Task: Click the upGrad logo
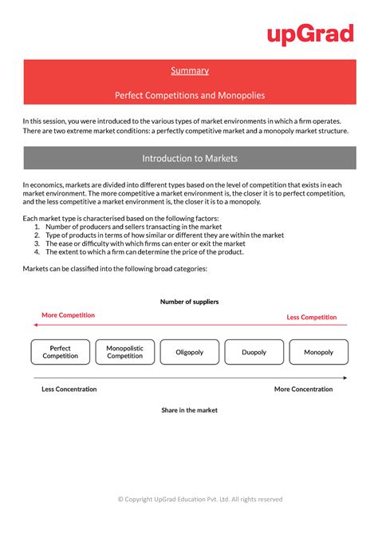tap(310, 34)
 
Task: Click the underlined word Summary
tap(189, 70)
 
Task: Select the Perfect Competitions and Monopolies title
tap(189, 96)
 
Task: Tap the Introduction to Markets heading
tap(189, 158)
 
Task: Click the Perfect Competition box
tap(61, 352)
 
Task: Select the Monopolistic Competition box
tap(124, 352)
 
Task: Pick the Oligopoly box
tap(189, 352)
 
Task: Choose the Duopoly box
tap(254, 352)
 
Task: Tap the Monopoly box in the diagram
tap(318, 352)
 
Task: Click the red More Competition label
tap(68, 315)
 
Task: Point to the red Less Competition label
tap(312, 317)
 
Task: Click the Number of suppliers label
tap(189, 302)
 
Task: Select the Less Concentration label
tap(69, 390)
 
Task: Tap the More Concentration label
tap(303, 390)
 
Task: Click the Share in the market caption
tap(189, 410)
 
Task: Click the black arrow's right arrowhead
tap(345, 378)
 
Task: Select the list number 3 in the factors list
tap(37, 243)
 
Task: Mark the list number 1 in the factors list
tap(37, 227)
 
